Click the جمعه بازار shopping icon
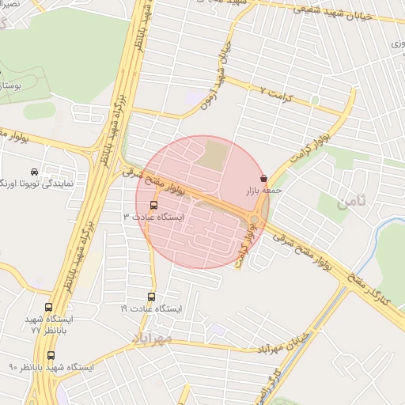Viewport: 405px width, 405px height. (263, 176)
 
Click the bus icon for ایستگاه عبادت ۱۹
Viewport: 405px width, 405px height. (153, 296)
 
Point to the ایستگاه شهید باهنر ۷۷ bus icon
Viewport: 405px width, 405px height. (49, 308)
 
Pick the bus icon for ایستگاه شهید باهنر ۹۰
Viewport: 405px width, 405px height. (51, 356)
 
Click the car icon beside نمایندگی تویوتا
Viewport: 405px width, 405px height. (33, 172)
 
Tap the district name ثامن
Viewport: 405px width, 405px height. (353, 202)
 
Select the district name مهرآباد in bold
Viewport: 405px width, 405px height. (152, 339)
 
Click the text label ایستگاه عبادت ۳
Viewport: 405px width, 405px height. (153, 216)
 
